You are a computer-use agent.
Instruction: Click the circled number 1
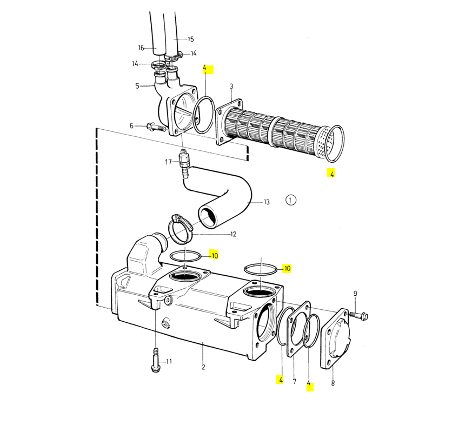[290, 200]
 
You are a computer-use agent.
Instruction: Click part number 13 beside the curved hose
[267, 202]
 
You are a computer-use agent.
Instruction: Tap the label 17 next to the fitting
[168, 162]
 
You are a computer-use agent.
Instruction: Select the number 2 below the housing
[203, 367]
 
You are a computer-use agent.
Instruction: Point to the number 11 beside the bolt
[169, 361]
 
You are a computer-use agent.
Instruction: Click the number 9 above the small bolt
[355, 294]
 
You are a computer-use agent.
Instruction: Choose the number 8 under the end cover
[333, 383]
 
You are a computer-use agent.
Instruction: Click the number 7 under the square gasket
[295, 381]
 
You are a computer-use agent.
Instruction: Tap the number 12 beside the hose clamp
[233, 234]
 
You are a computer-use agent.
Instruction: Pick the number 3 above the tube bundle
[231, 87]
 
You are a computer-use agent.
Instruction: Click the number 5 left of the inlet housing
[137, 86]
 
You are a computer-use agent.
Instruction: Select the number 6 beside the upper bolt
[131, 125]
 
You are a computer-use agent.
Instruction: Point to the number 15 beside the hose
[190, 39]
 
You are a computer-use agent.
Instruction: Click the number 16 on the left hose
[141, 48]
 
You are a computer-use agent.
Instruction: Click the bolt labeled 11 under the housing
[156, 360]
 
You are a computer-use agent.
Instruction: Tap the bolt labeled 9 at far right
[359, 315]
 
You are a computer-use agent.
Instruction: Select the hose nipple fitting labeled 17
[184, 163]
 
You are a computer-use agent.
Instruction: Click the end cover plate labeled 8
[335, 338]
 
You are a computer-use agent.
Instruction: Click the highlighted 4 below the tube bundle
[331, 174]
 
